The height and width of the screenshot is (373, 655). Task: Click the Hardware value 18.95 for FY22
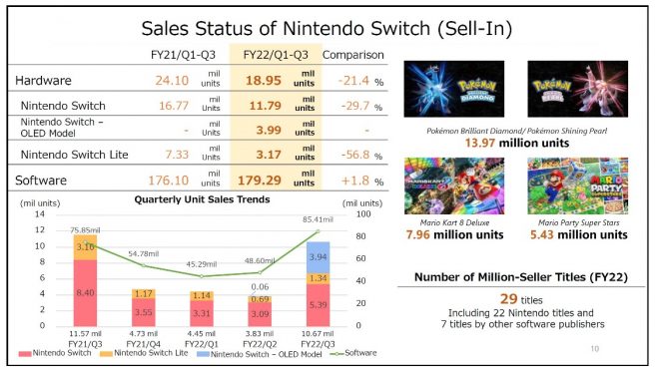click(x=255, y=79)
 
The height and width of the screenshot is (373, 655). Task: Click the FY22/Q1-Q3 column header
click(x=273, y=53)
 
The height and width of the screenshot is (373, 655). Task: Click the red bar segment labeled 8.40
click(x=84, y=292)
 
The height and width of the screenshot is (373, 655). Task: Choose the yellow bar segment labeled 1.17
click(x=143, y=293)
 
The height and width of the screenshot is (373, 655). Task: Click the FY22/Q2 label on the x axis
click(x=261, y=341)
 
